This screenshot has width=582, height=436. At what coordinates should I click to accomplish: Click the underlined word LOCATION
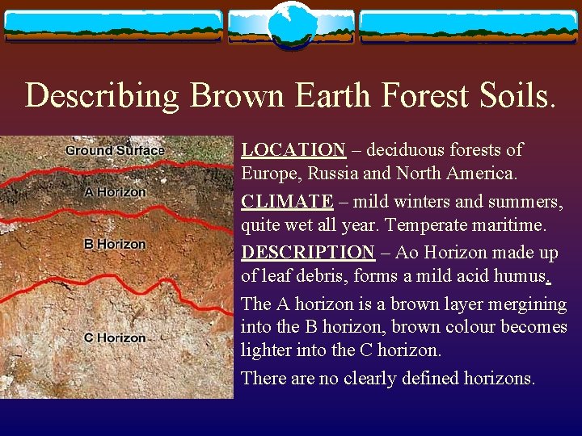pyautogui.click(x=293, y=150)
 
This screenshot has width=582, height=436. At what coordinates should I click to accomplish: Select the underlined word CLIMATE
pyautogui.click(x=287, y=201)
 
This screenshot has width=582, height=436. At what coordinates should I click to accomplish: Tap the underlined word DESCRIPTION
pyautogui.click(x=308, y=253)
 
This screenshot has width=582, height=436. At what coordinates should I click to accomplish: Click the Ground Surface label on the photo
pyautogui.click(x=115, y=150)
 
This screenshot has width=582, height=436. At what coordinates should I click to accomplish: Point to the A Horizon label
pyautogui.click(x=116, y=192)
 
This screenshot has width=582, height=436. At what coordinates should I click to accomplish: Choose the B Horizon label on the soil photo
pyautogui.click(x=115, y=244)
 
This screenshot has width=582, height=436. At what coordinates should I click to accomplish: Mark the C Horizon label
pyautogui.click(x=115, y=337)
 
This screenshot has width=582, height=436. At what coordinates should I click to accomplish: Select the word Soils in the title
pyautogui.click(x=513, y=95)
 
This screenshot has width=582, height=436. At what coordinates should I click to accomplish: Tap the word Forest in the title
pyautogui.click(x=423, y=95)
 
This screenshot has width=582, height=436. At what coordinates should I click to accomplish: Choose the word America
pyautogui.click(x=480, y=174)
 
